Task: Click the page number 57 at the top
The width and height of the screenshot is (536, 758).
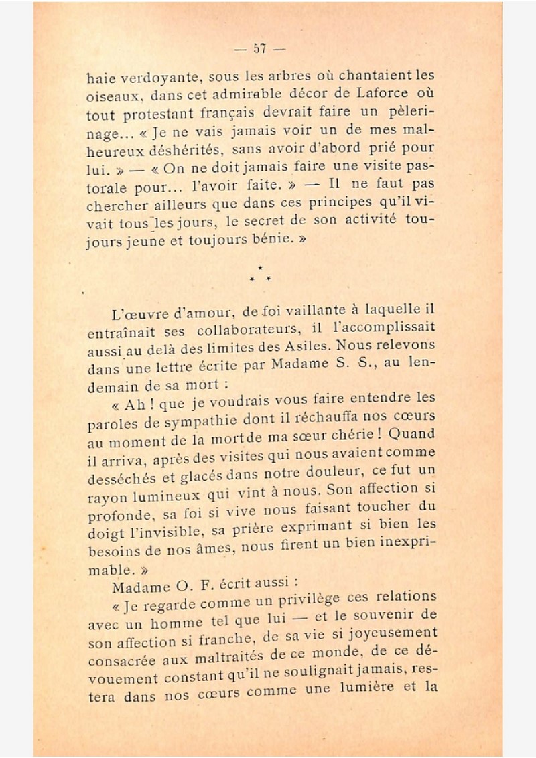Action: click(260, 48)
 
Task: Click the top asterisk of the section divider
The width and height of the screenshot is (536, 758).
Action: click(259, 267)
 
